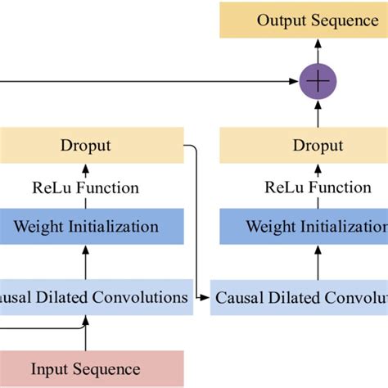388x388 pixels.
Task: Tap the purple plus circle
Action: click(318, 81)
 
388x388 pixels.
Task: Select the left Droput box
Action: click(85, 146)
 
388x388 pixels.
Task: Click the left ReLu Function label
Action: click(85, 187)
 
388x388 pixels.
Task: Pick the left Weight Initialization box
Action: click(85, 226)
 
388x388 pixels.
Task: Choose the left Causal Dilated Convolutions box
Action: click(94, 297)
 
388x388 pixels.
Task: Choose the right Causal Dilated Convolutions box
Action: click(300, 297)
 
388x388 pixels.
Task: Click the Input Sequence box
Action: click(85, 368)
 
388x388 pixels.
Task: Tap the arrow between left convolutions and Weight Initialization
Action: click(85, 262)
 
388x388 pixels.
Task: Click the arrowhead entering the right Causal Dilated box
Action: click(206, 297)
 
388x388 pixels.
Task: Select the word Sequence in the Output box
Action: click(344, 21)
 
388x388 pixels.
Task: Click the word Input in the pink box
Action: click(50, 368)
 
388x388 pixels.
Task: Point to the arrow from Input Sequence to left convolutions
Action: click(85, 336)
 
